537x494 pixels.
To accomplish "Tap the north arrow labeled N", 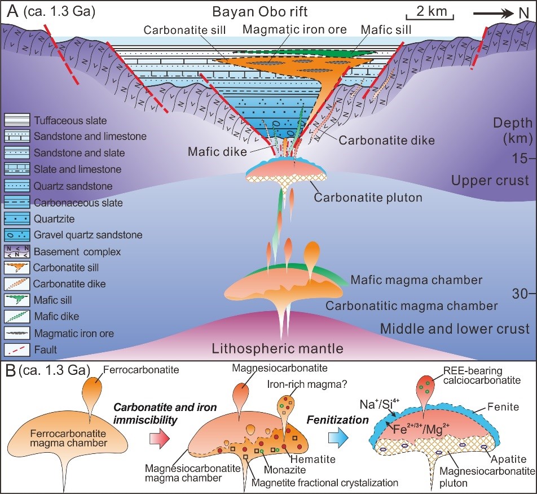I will coord(501,12).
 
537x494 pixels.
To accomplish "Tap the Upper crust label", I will coord(490,180).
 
